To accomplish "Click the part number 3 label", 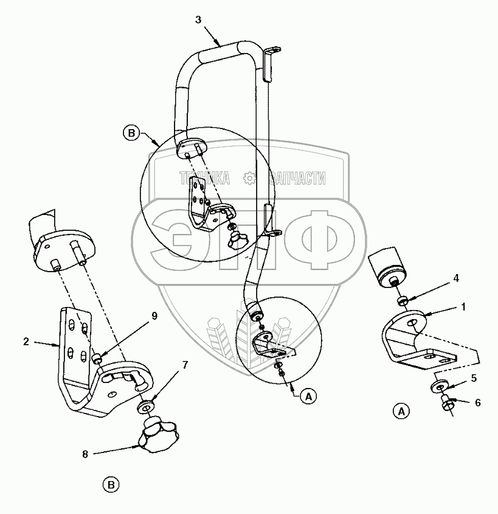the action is tap(198, 19).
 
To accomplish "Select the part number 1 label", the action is tap(463, 308).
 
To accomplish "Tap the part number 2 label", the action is tap(26, 342).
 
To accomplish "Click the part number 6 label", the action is tap(478, 402).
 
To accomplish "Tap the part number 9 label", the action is tap(154, 315).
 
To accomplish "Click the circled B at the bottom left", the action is tap(111, 485).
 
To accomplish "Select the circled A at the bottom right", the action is tap(400, 411).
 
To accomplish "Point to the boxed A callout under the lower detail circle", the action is tap(308, 396).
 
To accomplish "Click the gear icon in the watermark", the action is tap(248, 178).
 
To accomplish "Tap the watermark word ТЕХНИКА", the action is tap(204, 178).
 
